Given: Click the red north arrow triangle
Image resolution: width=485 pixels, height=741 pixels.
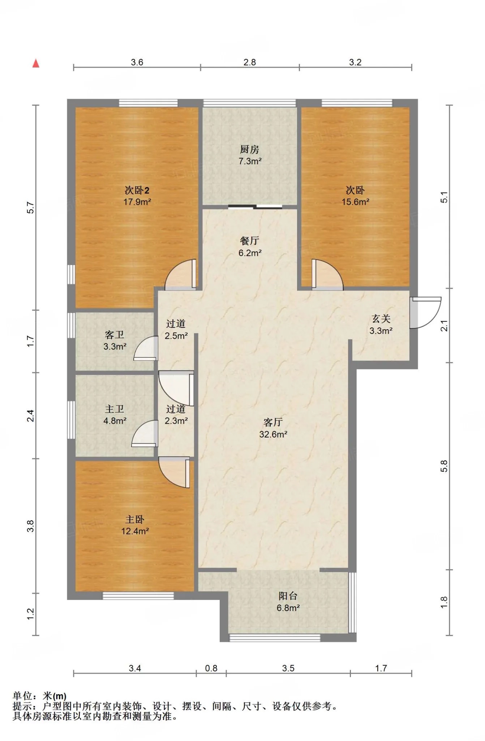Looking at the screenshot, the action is click(36, 63).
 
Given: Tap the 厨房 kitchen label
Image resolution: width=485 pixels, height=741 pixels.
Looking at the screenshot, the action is click(249, 149).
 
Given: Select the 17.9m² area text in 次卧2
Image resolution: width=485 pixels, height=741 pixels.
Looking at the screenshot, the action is click(137, 202).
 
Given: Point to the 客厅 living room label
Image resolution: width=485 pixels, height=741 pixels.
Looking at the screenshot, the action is click(273, 422).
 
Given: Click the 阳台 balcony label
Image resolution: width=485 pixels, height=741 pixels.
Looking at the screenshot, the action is click(288, 596).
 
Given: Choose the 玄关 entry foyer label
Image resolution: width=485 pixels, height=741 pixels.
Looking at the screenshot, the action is click(381, 319).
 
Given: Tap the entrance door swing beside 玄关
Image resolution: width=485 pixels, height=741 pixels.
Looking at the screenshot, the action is click(425, 313).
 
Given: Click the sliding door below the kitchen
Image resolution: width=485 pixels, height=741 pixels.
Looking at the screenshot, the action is click(255, 207).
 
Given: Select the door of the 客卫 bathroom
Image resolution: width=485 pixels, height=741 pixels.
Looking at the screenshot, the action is click(146, 348).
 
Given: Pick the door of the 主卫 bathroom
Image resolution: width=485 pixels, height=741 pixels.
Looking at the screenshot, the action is click(145, 433).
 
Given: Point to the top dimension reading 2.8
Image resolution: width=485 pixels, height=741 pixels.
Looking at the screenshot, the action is click(249, 62).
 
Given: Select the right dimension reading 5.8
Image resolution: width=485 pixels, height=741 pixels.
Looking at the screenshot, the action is click(444, 466).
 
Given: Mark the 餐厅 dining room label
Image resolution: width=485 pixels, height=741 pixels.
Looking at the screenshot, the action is click(249, 241).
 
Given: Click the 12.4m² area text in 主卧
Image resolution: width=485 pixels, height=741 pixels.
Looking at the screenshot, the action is click(135, 531).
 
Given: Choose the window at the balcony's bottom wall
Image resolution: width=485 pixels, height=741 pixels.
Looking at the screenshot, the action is click(275, 638).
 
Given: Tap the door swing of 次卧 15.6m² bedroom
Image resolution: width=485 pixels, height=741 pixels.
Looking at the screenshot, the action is click(327, 275).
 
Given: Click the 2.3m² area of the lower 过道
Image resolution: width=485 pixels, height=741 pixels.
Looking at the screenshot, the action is click(176, 421).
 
